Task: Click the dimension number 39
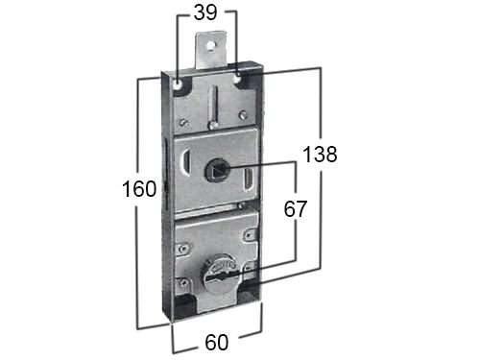(x=205, y=13)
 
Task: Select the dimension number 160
(x=139, y=189)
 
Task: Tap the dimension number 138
(x=320, y=154)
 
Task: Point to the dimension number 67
(x=295, y=209)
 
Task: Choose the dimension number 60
(x=216, y=343)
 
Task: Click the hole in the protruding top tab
(x=210, y=46)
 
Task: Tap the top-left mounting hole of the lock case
(x=178, y=84)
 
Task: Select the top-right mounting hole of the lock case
(x=238, y=77)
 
